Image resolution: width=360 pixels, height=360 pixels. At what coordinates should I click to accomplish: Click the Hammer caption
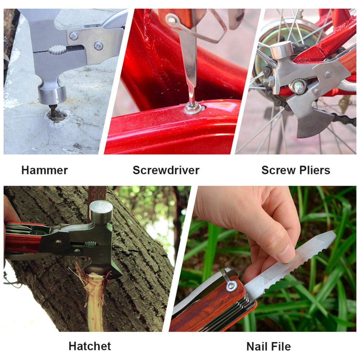(45, 170)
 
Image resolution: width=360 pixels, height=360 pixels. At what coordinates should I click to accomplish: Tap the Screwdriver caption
(166, 170)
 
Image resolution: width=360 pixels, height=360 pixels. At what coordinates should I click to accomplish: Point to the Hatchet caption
(90, 346)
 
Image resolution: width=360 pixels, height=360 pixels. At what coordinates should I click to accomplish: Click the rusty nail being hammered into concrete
(53, 110)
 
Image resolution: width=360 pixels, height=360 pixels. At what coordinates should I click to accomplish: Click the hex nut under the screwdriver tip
(192, 108)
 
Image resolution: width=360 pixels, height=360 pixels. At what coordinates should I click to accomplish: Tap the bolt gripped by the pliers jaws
(298, 86)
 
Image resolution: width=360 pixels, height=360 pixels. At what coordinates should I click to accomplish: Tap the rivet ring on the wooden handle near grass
(231, 285)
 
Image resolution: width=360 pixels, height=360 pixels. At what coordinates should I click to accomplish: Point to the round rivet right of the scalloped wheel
(98, 46)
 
